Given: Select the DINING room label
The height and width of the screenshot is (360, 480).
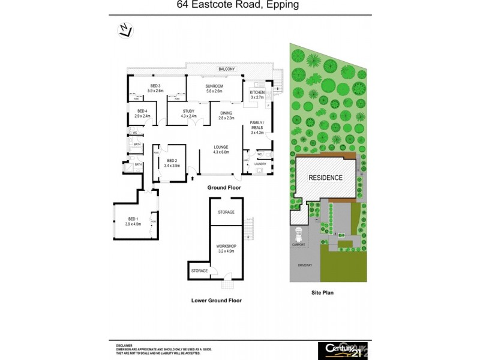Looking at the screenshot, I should pyautogui.click(x=226, y=115).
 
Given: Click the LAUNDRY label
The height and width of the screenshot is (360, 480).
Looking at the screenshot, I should pyautogui.click(x=260, y=164).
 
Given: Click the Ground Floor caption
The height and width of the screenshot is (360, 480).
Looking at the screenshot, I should pyautogui.click(x=224, y=188).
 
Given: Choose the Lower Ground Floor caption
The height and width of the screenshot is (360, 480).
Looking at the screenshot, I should pyautogui.click(x=216, y=300).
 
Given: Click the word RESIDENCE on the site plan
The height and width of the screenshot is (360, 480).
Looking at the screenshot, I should pyautogui.click(x=325, y=178).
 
